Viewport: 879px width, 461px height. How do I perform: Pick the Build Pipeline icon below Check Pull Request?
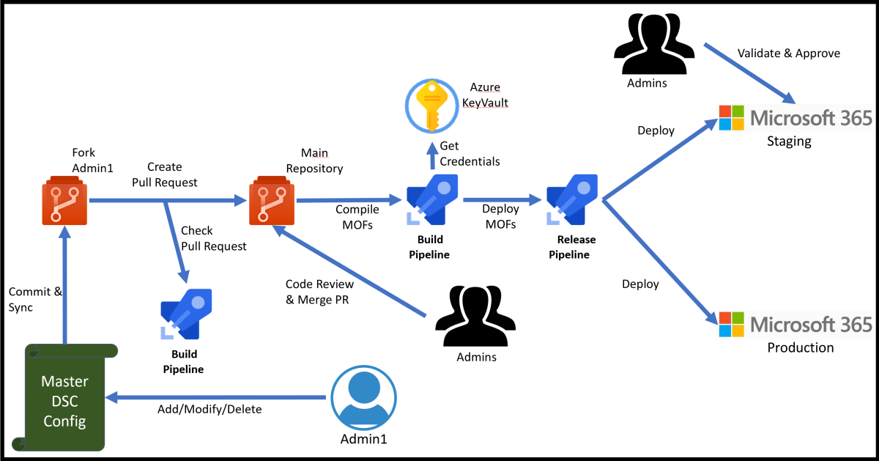[x=185, y=315]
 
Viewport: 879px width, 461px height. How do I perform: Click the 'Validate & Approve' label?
[x=788, y=54]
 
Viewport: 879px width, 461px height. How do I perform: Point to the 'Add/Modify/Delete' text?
[x=209, y=409]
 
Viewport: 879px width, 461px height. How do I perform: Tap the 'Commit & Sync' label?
[x=30, y=300]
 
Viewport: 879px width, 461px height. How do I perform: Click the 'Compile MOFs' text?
[x=357, y=217]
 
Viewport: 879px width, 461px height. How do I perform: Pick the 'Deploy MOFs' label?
[x=500, y=217]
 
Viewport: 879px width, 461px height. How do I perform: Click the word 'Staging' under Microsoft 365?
[x=789, y=141]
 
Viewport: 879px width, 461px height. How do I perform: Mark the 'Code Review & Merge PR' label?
[x=319, y=292]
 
